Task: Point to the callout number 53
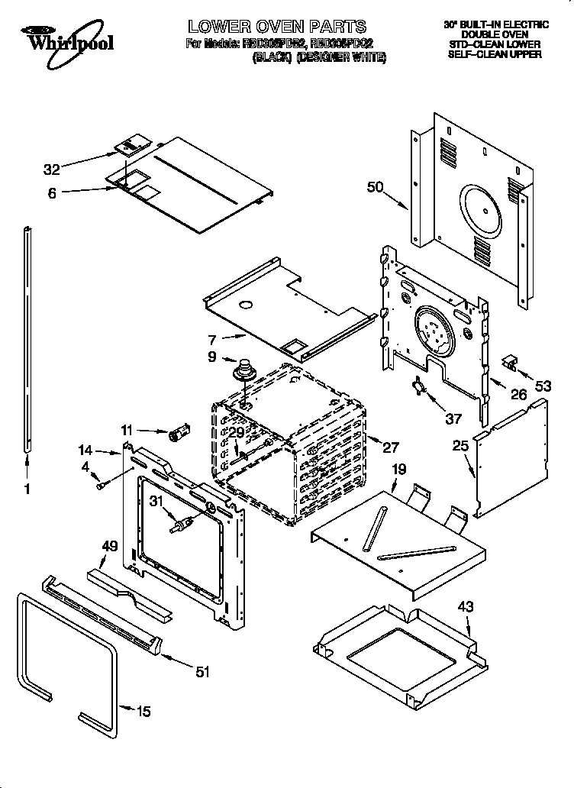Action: point(542,386)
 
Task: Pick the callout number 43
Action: point(466,607)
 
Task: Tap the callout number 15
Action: point(143,712)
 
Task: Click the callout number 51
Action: point(202,671)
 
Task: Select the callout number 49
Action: point(110,545)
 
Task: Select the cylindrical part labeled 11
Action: point(181,434)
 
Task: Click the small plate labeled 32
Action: point(134,144)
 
